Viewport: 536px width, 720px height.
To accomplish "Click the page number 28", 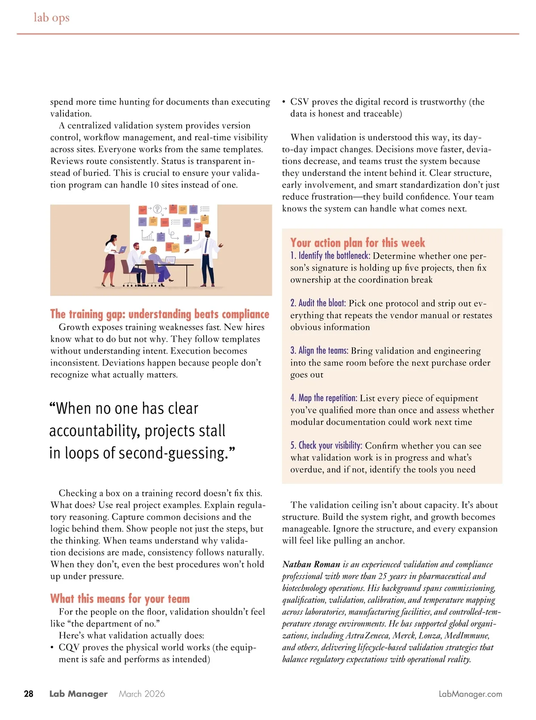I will (29, 694).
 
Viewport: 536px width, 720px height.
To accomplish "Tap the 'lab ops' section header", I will (51, 17).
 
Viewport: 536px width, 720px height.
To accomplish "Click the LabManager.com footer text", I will (470, 694).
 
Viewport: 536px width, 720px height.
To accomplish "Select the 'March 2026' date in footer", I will (142, 694).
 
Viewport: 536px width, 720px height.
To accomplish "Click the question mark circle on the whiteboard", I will (157, 209).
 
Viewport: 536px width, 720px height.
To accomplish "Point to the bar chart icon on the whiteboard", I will (147, 235).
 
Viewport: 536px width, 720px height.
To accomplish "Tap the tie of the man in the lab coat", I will (206, 246).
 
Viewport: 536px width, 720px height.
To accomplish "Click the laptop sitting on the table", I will (170, 260).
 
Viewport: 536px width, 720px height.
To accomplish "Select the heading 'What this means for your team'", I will (120, 599).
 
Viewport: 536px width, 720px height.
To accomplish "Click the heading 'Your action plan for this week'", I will (357, 243).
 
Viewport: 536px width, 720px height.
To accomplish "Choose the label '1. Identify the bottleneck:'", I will (330, 256).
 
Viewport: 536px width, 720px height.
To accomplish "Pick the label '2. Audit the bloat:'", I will (318, 303).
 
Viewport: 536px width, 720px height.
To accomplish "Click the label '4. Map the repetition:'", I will (323, 398).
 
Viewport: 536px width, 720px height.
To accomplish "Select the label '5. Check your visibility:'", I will (326, 445).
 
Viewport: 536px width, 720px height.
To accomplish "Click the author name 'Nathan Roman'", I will (311, 564).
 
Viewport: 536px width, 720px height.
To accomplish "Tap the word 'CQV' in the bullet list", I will (68, 647).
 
